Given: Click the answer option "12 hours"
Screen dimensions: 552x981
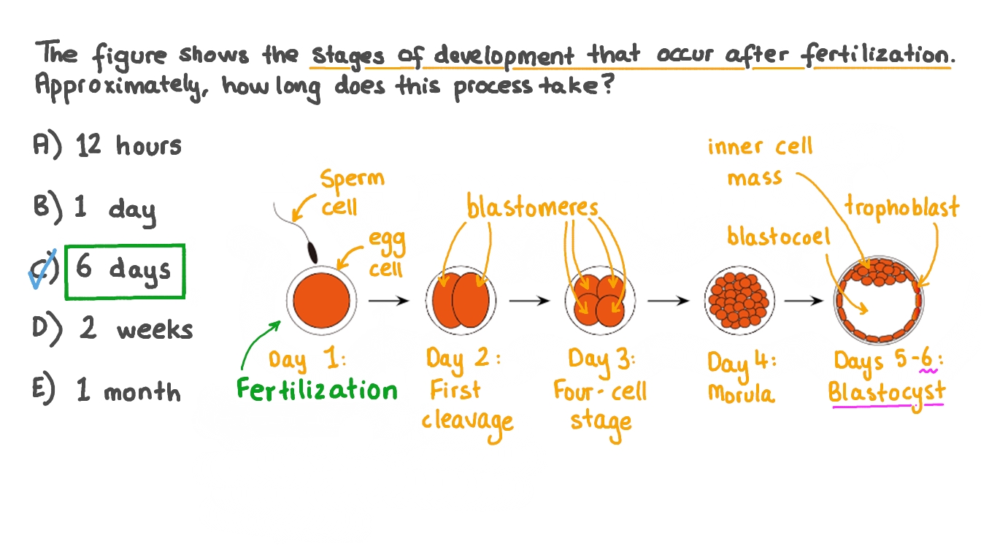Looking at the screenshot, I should [x=128, y=146].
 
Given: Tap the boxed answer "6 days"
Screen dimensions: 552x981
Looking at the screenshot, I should [x=124, y=271].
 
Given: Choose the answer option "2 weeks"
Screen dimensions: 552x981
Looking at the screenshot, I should [x=136, y=329].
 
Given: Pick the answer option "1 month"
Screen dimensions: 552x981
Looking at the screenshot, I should [x=128, y=392].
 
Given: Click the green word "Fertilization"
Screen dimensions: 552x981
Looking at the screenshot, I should [x=318, y=389].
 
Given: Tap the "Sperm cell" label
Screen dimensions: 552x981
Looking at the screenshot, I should [x=351, y=192].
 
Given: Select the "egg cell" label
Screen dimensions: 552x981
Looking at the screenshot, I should [x=385, y=254].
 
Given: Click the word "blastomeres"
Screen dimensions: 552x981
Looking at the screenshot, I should [x=533, y=208].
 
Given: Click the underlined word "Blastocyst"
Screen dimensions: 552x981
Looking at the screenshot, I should [x=886, y=391].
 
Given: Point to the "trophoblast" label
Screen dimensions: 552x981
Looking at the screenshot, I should [x=901, y=208].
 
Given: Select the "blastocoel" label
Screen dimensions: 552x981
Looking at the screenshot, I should [x=779, y=237].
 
